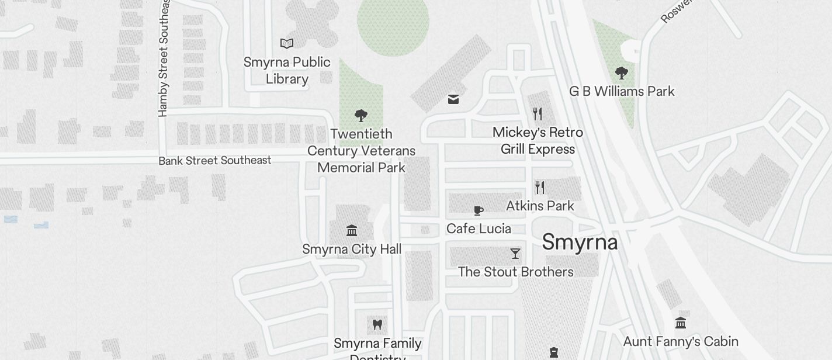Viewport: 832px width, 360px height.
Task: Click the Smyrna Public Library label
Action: [x=287, y=70]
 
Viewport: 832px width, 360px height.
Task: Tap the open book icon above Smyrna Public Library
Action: [x=287, y=43]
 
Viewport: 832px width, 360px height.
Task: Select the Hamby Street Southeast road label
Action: [x=164, y=58]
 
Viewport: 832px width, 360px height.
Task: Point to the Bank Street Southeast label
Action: [x=215, y=160]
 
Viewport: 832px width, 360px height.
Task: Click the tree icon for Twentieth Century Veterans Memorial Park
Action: [x=361, y=115]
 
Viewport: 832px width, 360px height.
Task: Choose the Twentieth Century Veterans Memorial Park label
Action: [x=361, y=151]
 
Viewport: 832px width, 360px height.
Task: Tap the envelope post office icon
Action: [x=453, y=99]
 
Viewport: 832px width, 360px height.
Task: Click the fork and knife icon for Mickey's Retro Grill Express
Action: [x=538, y=113]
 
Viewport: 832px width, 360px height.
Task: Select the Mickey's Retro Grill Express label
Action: [x=538, y=141]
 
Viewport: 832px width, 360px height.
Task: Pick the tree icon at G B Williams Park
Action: [x=621, y=73]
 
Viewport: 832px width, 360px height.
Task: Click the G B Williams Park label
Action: [x=622, y=91]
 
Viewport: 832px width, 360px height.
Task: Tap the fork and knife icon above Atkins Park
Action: [x=540, y=188]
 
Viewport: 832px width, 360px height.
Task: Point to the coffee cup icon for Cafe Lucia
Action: [x=479, y=210]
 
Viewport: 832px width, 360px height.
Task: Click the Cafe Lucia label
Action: [x=479, y=229]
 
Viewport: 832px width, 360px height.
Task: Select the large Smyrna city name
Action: [x=580, y=242]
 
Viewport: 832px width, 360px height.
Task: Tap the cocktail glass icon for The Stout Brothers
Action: [x=515, y=254]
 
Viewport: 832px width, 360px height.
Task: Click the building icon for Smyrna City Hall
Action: [x=352, y=230]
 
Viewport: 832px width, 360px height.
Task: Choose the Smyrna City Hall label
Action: [x=352, y=250]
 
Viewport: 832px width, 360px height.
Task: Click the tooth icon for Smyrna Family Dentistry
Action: [x=377, y=324]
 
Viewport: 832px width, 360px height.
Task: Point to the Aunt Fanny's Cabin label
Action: [x=681, y=341]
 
